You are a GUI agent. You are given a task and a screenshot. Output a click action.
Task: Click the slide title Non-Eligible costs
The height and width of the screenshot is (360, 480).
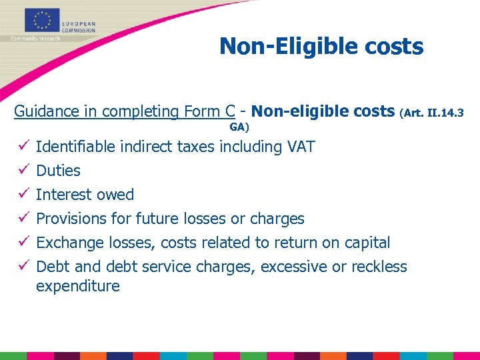coord(321,47)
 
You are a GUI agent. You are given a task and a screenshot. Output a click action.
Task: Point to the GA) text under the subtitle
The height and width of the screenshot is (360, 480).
coord(239,126)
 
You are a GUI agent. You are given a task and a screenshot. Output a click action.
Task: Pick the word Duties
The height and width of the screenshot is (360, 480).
coord(58,171)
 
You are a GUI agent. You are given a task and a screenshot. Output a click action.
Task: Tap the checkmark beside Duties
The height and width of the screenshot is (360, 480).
coord(24,171)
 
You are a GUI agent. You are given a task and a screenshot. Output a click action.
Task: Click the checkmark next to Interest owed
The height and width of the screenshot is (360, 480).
coord(24,195)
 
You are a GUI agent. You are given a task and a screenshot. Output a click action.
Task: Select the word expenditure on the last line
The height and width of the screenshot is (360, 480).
coord(78,287)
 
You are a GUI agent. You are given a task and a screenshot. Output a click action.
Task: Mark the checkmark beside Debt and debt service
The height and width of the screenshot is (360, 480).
coord(24,267)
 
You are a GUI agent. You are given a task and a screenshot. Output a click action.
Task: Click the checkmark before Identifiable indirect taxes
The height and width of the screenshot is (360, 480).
coord(24,147)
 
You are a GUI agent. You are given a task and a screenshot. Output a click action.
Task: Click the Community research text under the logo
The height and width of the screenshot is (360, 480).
coord(35,39)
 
